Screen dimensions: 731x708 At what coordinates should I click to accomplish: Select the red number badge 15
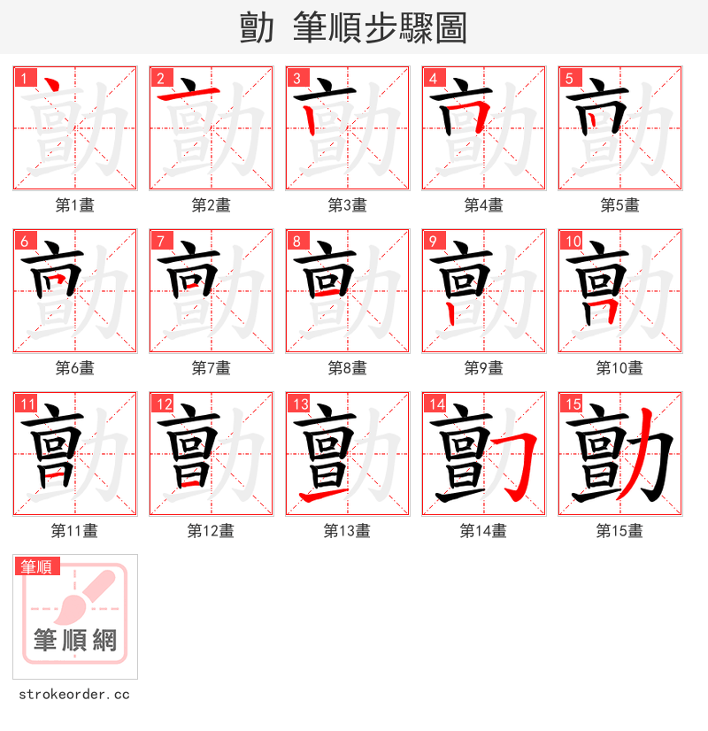(x=572, y=404)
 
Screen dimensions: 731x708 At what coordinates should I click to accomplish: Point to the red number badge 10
(x=572, y=242)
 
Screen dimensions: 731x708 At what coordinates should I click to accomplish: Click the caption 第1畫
(x=75, y=205)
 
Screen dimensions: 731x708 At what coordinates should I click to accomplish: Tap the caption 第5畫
(x=619, y=205)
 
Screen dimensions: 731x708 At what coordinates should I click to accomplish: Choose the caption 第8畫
(x=347, y=368)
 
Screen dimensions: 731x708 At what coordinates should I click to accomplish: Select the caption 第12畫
(x=211, y=531)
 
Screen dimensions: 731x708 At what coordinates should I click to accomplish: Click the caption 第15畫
(x=619, y=531)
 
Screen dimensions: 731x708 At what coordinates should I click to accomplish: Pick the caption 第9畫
(x=483, y=368)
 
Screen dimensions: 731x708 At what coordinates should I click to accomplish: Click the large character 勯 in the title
(x=257, y=28)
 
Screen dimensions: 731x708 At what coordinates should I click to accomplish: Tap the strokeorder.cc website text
(x=74, y=695)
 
